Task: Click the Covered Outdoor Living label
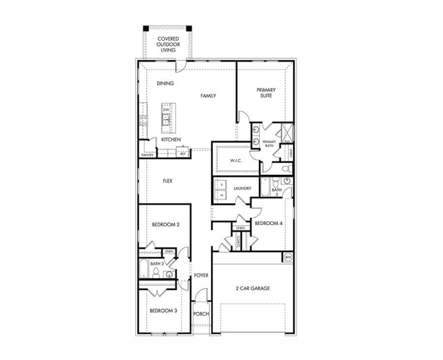[168, 44]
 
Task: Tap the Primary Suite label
[266, 93]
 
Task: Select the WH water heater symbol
[288, 257]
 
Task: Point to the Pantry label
[148, 155]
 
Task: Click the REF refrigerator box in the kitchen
[183, 154]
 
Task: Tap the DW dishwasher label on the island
[166, 109]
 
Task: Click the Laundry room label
[243, 188]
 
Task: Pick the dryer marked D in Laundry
[222, 185]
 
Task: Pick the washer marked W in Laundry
[222, 196]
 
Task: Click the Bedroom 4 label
[268, 223]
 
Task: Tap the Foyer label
[201, 275]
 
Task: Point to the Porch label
[201, 314]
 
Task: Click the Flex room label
[167, 181]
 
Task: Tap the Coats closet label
[238, 241]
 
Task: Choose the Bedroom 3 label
[163, 311]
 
